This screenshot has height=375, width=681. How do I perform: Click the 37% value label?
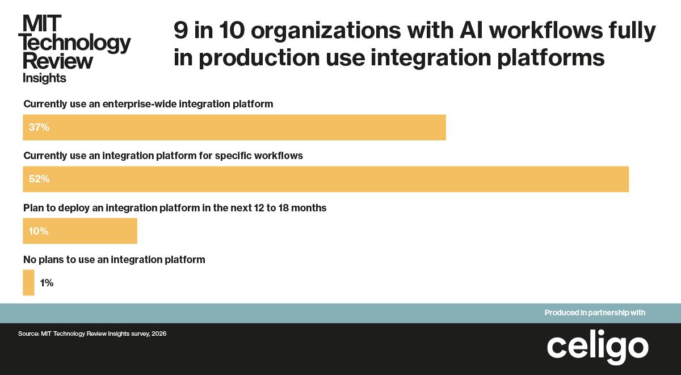(39, 127)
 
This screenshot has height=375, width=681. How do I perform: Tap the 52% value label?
(39, 179)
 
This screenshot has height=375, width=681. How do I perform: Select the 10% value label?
(39, 231)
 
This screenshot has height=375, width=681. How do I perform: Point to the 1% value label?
(47, 283)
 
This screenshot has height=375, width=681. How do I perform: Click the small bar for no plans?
(28, 283)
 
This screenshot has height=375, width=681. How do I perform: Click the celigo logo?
(598, 346)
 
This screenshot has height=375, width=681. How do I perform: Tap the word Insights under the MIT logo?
(44, 78)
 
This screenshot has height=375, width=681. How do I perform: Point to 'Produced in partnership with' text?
(595, 312)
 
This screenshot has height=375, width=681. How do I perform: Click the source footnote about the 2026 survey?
(92, 334)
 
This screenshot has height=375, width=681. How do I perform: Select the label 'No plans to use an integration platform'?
(114, 260)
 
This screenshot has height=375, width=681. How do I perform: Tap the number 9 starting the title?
(180, 31)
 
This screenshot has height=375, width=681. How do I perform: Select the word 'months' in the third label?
(310, 208)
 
